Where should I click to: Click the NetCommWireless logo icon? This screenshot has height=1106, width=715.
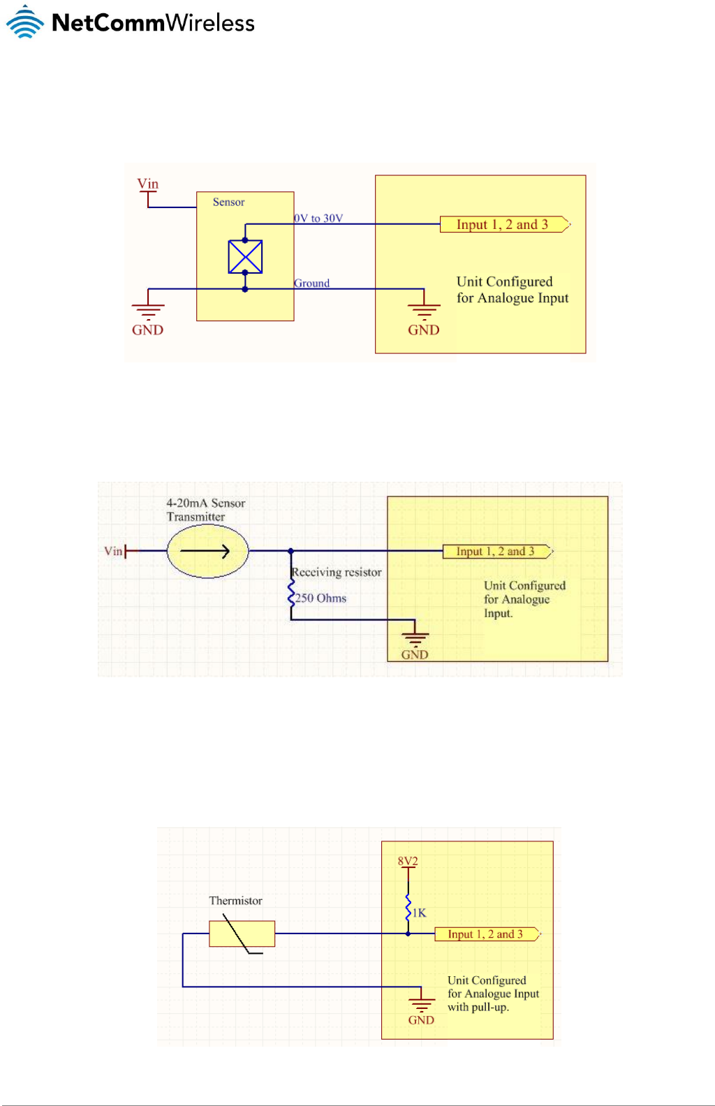[25, 22]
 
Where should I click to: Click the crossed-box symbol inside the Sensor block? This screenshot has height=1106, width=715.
[245, 256]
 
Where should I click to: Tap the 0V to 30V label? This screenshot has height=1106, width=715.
[319, 218]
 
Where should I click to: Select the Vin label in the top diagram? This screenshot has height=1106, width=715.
[147, 184]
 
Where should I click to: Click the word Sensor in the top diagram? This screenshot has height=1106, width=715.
[228, 202]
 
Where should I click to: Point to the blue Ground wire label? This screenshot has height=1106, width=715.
[311, 283]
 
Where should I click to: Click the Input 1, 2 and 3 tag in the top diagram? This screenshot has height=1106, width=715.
[503, 224]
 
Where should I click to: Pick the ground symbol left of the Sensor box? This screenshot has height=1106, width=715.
[148, 309]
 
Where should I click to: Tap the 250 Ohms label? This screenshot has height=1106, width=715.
[320, 598]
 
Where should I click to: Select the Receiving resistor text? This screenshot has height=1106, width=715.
[337, 572]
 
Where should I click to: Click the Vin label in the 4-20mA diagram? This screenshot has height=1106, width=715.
[112, 551]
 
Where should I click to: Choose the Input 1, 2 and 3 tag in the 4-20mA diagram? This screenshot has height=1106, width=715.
[496, 551]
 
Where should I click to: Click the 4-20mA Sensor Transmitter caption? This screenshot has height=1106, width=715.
[205, 510]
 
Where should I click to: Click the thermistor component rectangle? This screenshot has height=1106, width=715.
[242, 934]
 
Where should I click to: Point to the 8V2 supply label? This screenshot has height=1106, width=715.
[408, 861]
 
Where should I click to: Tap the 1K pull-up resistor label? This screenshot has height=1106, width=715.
[419, 913]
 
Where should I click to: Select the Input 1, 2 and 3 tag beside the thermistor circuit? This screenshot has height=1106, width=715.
[487, 934]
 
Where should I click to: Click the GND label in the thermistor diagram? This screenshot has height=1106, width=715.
[421, 1020]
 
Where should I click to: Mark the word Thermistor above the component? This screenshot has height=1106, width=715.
[235, 901]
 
